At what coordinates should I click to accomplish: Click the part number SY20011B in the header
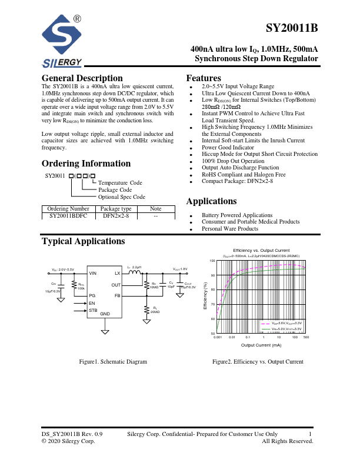[x=292, y=29]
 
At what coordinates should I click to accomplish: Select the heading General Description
[x=82, y=78]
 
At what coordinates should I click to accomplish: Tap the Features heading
[x=204, y=78]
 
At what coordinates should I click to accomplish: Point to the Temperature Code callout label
[x=120, y=183]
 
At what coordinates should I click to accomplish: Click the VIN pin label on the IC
[x=93, y=274]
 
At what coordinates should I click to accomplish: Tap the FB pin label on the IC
[x=117, y=295]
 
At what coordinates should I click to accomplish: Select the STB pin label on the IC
[x=93, y=309]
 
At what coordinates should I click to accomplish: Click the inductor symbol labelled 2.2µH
[x=135, y=273]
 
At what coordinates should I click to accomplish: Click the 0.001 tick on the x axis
[x=217, y=338]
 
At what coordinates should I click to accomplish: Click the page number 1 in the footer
[x=309, y=434]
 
